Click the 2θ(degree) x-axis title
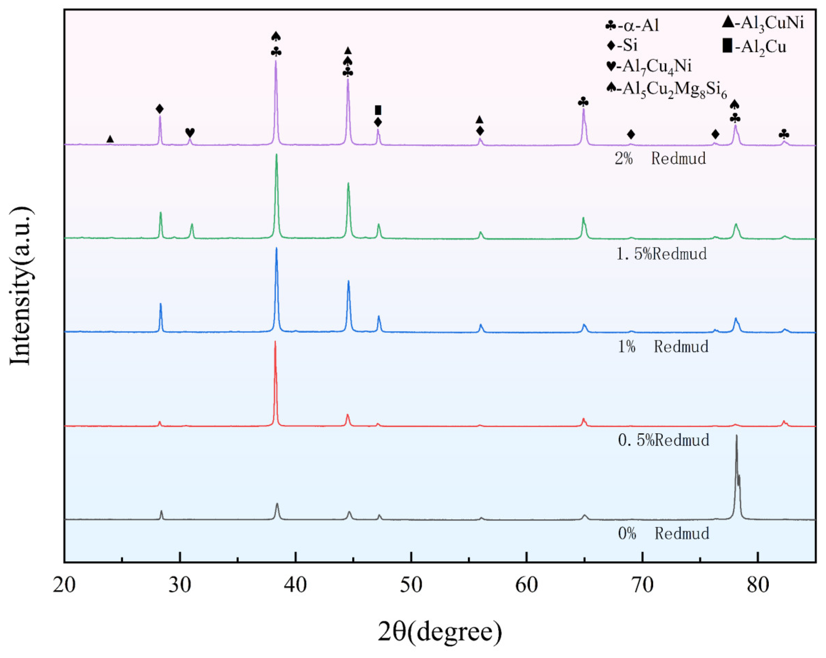pyautogui.click(x=440, y=632)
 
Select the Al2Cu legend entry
pyautogui.click(x=754, y=47)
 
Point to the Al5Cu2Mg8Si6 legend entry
pyautogui.click(x=667, y=89)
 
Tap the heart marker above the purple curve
pyautogui.click(x=190, y=132)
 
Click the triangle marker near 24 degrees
pyautogui.click(x=110, y=139)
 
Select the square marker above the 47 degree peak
pyautogui.click(x=378, y=110)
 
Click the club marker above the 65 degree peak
pyautogui.click(x=583, y=102)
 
